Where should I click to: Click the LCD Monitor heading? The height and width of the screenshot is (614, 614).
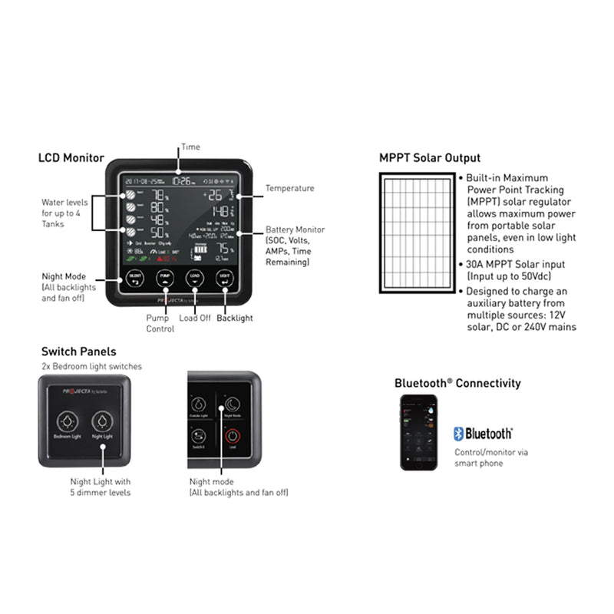click(x=71, y=158)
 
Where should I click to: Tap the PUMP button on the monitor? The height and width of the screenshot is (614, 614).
click(x=164, y=277)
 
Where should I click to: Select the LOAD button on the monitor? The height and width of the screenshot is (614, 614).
click(x=195, y=277)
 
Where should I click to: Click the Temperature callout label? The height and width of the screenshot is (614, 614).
click(x=289, y=188)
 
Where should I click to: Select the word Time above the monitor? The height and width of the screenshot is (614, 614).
click(x=190, y=146)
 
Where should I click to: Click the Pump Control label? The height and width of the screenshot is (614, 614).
click(x=160, y=323)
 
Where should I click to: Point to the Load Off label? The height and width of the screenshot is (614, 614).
click(x=195, y=317)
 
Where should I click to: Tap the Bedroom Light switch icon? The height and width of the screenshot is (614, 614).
click(x=68, y=421)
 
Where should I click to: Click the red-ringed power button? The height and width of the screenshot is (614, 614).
click(x=232, y=436)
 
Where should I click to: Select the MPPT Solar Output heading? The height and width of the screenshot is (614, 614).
click(x=430, y=158)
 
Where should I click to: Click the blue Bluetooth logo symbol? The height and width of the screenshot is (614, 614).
click(x=459, y=434)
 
